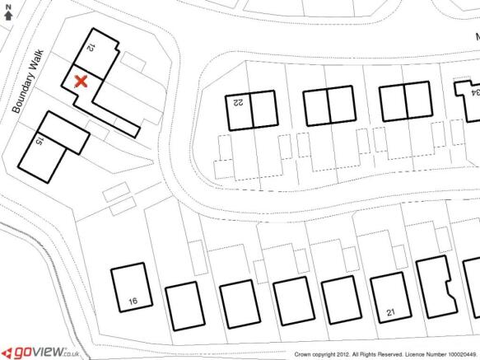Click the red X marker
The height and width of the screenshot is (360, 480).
click(x=82, y=82)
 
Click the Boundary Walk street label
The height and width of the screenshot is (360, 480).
click(x=28, y=82)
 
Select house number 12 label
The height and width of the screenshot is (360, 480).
click(x=91, y=48)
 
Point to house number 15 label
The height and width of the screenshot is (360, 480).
click(x=40, y=141)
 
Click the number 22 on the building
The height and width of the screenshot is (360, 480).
click(x=238, y=103)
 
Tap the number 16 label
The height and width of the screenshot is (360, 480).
click(x=133, y=302)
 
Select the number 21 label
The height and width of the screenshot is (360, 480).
click(x=390, y=312)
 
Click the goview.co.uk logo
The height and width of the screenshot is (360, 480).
click(x=41, y=353)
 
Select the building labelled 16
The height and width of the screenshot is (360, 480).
click(x=132, y=288)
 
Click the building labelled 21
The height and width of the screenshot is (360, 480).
click(x=391, y=298)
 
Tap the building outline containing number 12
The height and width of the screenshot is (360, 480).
click(x=96, y=53)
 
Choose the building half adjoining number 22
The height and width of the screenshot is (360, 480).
click(x=265, y=109)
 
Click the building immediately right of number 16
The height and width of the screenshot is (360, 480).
click(x=185, y=306)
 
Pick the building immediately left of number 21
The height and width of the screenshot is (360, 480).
click(x=342, y=300)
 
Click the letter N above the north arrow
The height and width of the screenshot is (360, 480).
click(x=8, y=7)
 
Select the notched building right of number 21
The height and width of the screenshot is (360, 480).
click(x=437, y=287)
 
